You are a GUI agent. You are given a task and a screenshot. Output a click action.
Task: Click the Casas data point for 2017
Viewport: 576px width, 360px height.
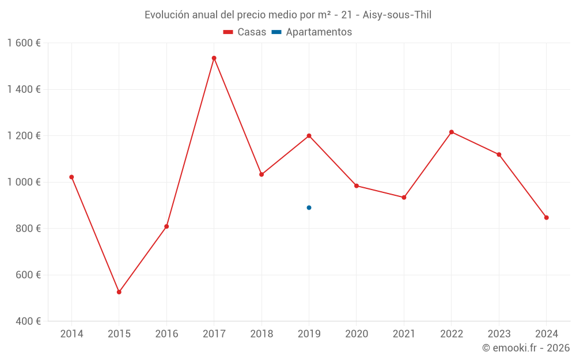pyautogui.click(x=214, y=58)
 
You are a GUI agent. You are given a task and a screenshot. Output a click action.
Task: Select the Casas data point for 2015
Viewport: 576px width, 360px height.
pyautogui.click(x=119, y=292)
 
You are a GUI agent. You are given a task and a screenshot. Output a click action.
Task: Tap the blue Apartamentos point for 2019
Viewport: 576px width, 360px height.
pyautogui.click(x=309, y=207)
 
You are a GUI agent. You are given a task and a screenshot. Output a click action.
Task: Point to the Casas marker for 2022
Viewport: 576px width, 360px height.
pyautogui.click(x=452, y=132)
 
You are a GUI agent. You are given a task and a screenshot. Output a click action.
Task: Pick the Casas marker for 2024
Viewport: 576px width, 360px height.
pyautogui.click(x=546, y=218)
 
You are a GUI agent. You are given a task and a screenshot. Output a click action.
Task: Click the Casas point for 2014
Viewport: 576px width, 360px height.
pyautogui.click(x=71, y=177)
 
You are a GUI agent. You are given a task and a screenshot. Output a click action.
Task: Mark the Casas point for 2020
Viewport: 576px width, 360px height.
pyautogui.click(x=357, y=185)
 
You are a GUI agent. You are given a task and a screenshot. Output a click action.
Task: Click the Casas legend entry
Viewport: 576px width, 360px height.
pyautogui.click(x=245, y=32)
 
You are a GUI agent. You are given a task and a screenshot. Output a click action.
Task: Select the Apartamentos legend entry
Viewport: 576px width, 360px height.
pyautogui.click(x=312, y=32)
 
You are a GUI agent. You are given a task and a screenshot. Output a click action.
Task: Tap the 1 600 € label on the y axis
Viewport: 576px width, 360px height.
pyautogui.click(x=24, y=43)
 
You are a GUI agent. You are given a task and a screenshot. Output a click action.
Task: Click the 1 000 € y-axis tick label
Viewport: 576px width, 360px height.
pyautogui.click(x=24, y=182)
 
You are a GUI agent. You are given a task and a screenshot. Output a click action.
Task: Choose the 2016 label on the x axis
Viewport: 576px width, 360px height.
pyautogui.click(x=166, y=334)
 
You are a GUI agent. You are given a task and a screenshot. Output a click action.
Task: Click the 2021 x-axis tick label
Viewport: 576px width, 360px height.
pyautogui.click(x=404, y=334)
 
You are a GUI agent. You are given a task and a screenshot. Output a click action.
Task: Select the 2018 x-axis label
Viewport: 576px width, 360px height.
pyautogui.click(x=262, y=334)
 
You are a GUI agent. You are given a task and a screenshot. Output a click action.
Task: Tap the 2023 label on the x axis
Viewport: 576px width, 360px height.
pyautogui.click(x=499, y=334)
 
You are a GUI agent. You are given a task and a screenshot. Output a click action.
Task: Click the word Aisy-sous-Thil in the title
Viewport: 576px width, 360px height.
pyautogui.click(x=397, y=15)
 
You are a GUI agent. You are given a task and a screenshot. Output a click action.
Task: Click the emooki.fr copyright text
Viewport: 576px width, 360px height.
pyautogui.click(x=526, y=348)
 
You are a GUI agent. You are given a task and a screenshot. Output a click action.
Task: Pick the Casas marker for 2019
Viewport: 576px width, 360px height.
pyautogui.click(x=309, y=136)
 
